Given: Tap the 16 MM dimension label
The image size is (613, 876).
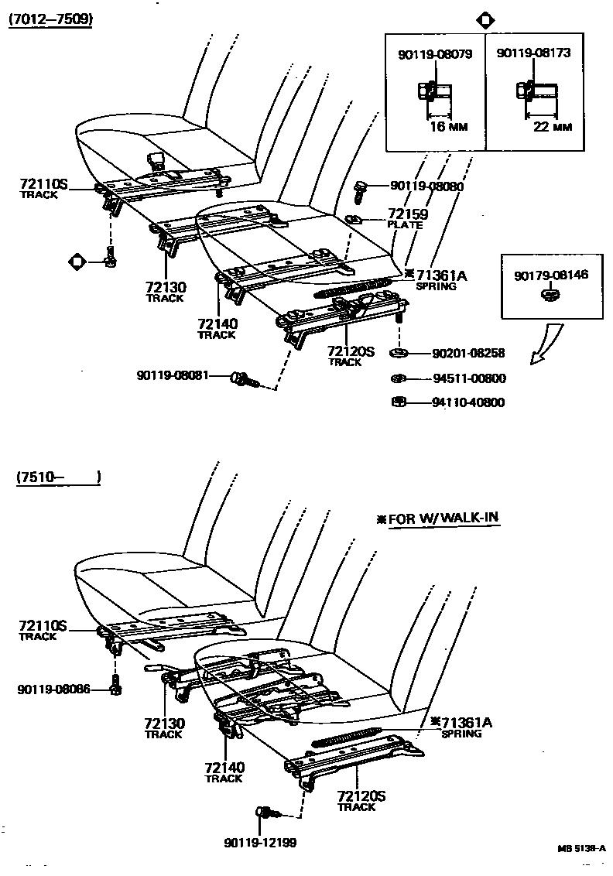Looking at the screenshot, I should click(x=448, y=127).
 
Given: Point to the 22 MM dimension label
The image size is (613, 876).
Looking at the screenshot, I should click(x=553, y=127).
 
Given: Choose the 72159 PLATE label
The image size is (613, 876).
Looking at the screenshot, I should click(x=407, y=218).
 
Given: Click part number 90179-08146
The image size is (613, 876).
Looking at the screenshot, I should click(x=551, y=275).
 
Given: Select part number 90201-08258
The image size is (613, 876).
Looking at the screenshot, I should click(x=468, y=353).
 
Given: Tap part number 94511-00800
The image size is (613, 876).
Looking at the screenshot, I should click(x=468, y=378).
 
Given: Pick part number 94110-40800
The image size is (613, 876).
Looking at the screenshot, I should click(x=468, y=402).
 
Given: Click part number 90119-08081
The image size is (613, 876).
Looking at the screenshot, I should click(x=173, y=375).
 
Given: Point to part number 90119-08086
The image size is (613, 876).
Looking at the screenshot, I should click(x=53, y=688).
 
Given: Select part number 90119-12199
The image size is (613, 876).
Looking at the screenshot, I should click(x=260, y=842).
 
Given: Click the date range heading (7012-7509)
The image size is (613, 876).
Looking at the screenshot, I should click(x=50, y=20).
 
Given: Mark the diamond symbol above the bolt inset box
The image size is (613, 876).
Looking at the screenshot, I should click(x=485, y=20).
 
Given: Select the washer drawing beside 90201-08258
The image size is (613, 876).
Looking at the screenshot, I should click(x=399, y=354).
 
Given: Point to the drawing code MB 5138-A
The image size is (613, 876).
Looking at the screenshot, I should click(x=581, y=848).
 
